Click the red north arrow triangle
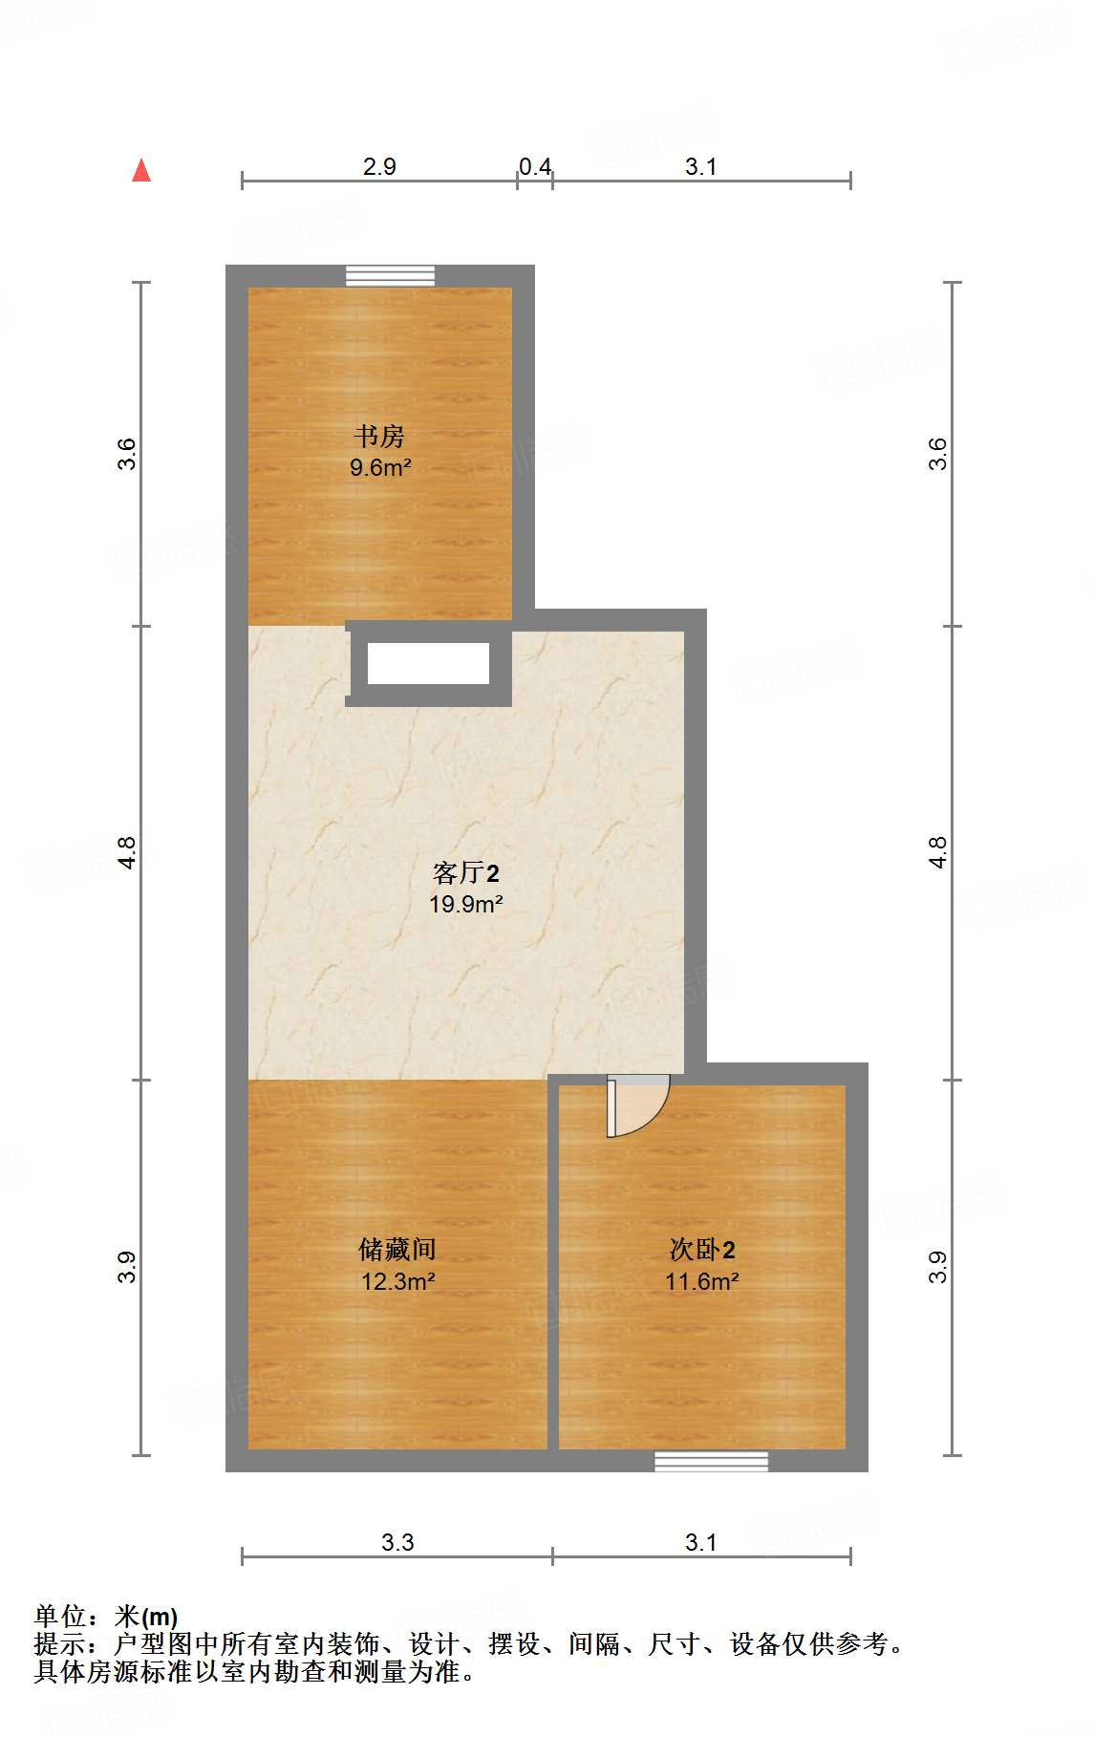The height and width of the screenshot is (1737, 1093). [x=141, y=171]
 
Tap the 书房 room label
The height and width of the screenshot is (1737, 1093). [x=379, y=437]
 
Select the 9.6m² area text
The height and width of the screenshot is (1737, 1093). [x=379, y=467]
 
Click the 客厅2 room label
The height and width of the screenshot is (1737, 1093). [x=465, y=872]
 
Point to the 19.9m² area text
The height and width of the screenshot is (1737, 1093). [x=465, y=904]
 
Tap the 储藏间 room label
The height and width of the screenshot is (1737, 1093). [x=397, y=1249]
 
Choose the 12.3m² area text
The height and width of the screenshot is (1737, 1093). [x=397, y=1281]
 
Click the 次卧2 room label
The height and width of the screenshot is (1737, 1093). [x=701, y=1249]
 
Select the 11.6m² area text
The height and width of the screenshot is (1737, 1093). [x=701, y=1281]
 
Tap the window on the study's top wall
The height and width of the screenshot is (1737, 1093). [x=390, y=276]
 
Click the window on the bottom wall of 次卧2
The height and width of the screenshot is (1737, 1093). [x=711, y=1461]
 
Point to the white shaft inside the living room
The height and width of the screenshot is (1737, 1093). [x=428, y=664]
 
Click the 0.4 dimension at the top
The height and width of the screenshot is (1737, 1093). [x=535, y=166]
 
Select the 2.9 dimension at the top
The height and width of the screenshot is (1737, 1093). [x=379, y=166]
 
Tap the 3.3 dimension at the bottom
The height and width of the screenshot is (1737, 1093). [x=397, y=1542]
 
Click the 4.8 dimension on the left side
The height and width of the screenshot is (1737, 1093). [x=127, y=852]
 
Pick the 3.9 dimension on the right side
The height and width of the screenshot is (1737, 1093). [x=938, y=1267]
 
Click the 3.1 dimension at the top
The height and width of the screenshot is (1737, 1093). [x=700, y=166]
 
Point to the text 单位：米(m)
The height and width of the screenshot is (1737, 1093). [x=106, y=1617]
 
